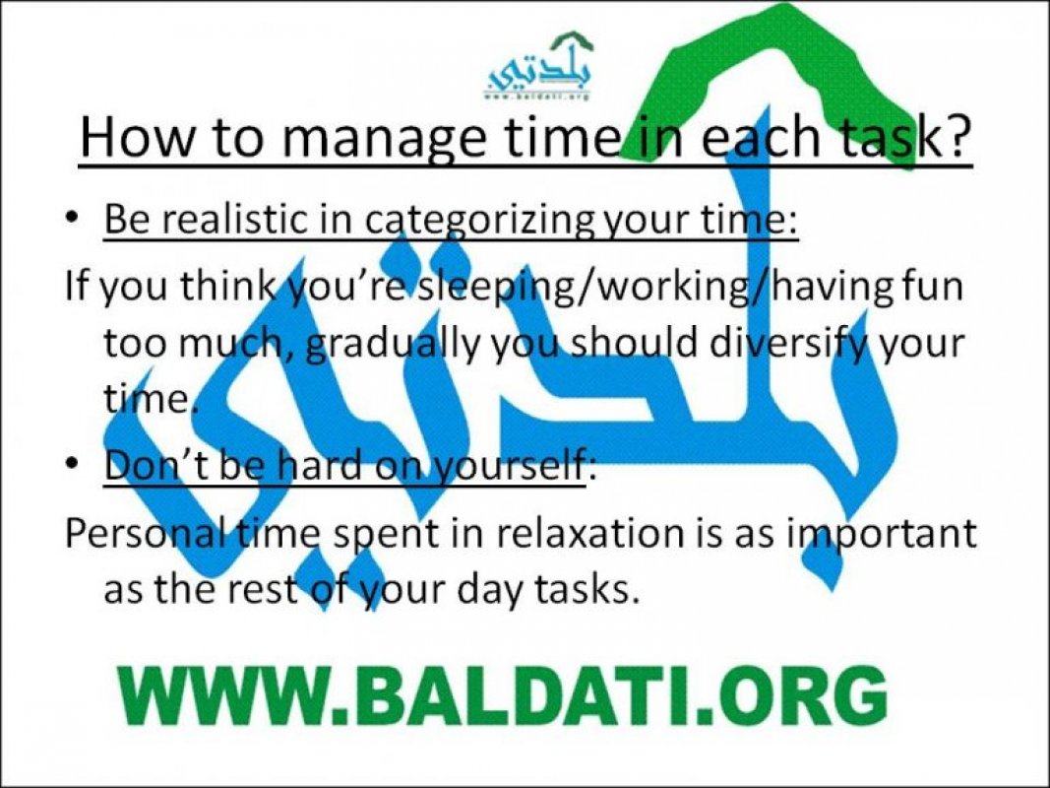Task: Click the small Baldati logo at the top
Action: click(x=539, y=67)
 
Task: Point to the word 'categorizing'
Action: click(x=480, y=221)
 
